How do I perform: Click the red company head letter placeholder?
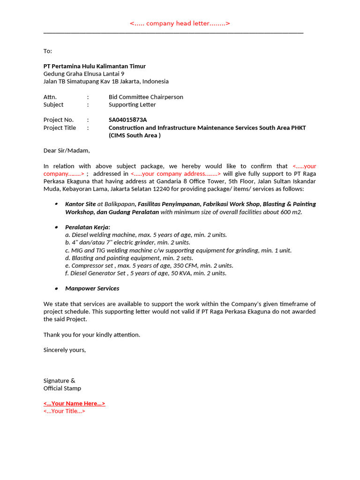click(x=180, y=23)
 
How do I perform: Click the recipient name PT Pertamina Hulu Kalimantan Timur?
click(x=94, y=66)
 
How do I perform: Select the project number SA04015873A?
click(x=127, y=120)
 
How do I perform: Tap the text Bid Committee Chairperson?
click(x=146, y=97)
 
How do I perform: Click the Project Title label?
click(x=60, y=127)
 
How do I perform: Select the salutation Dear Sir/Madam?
click(x=66, y=150)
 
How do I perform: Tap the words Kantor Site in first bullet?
click(x=80, y=204)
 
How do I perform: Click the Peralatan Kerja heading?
click(x=88, y=227)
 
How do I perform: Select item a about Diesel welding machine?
click(x=146, y=235)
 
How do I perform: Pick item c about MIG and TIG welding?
click(x=178, y=250)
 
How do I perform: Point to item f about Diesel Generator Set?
click(x=146, y=273)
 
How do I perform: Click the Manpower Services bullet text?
click(x=92, y=288)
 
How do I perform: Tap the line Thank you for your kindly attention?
click(x=91, y=335)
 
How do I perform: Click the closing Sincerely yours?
click(x=65, y=350)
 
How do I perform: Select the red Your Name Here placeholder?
click(x=74, y=404)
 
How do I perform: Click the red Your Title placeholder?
click(x=64, y=411)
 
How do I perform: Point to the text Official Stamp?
click(x=62, y=388)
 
